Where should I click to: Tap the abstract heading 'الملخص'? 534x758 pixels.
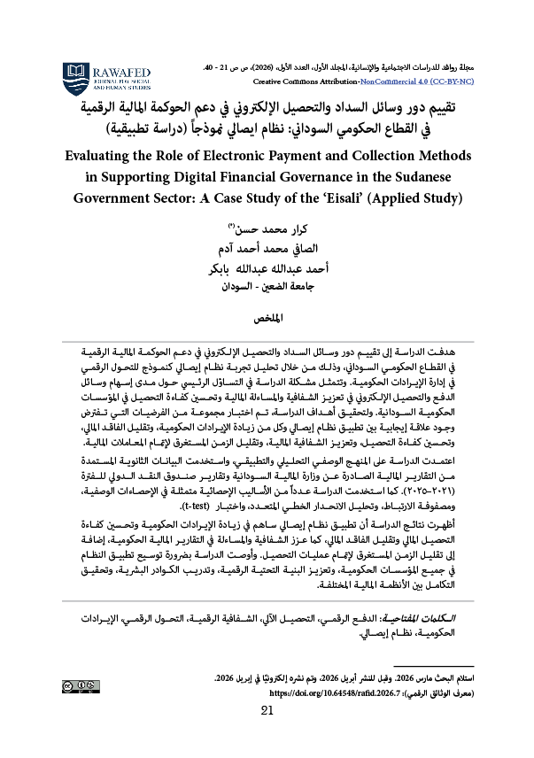pyautogui.click(x=267, y=316)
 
